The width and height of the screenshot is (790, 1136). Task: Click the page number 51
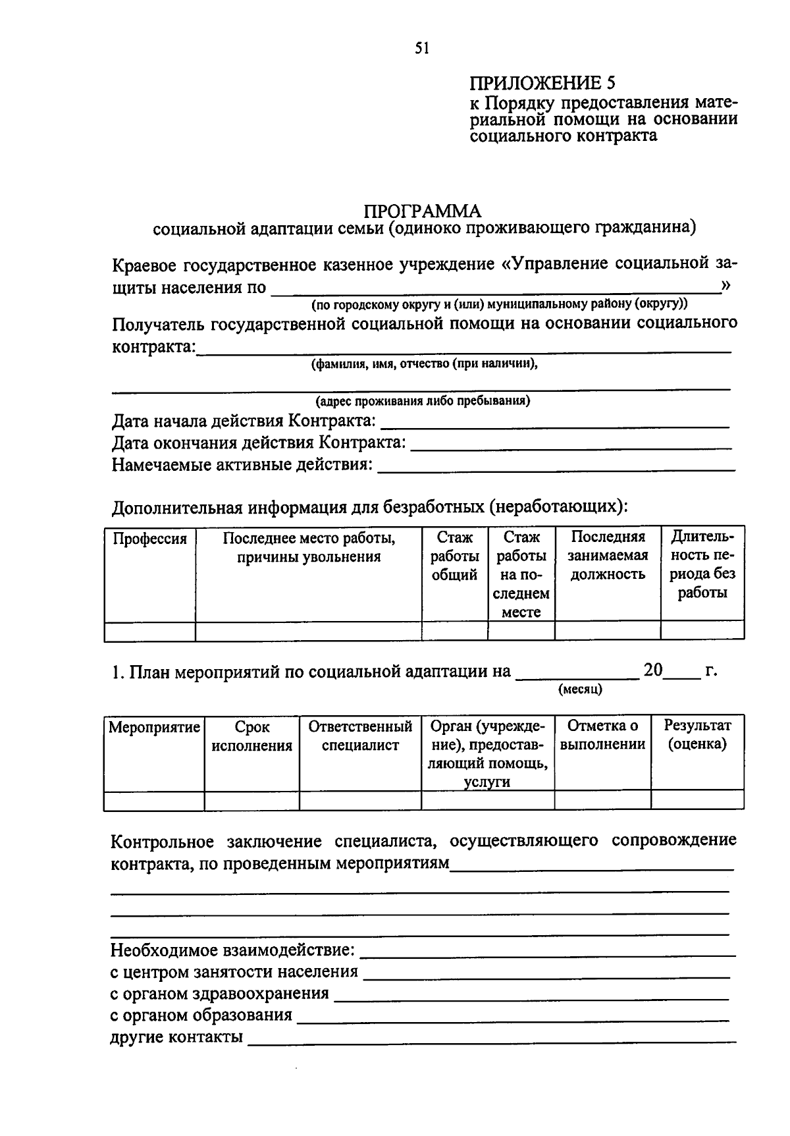(x=422, y=48)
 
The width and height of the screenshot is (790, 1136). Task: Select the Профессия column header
(x=150, y=539)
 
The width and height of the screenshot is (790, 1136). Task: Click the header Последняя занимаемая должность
(x=607, y=555)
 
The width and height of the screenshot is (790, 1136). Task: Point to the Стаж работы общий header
(x=454, y=556)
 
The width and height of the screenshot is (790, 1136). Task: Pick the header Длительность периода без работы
(x=702, y=564)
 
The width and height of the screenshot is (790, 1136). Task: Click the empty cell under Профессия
(x=150, y=631)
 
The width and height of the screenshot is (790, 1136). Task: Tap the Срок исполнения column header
(x=251, y=736)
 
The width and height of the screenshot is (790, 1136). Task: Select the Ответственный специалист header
(x=360, y=736)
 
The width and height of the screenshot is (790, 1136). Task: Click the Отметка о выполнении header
(x=602, y=735)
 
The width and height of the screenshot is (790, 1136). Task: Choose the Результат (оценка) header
(x=697, y=735)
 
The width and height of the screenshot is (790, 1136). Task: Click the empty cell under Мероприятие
(x=154, y=801)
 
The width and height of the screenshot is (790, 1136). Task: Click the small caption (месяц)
(x=580, y=690)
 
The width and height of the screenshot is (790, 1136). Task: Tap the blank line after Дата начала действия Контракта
(x=555, y=422)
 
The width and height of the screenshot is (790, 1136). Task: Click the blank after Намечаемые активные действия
(x=556, y=466)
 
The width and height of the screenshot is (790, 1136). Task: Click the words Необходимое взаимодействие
(x=232, y=950)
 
